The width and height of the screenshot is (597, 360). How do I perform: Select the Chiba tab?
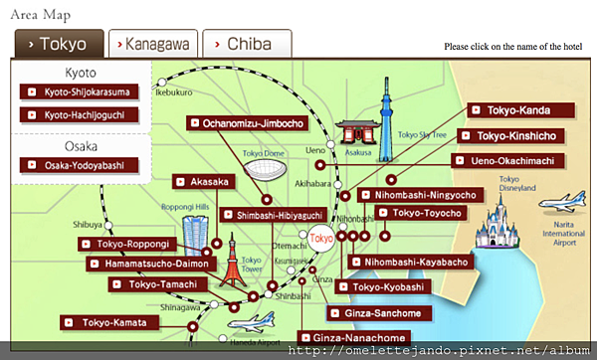(247, 44)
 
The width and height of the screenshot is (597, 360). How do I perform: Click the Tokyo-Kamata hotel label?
(109, 322)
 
